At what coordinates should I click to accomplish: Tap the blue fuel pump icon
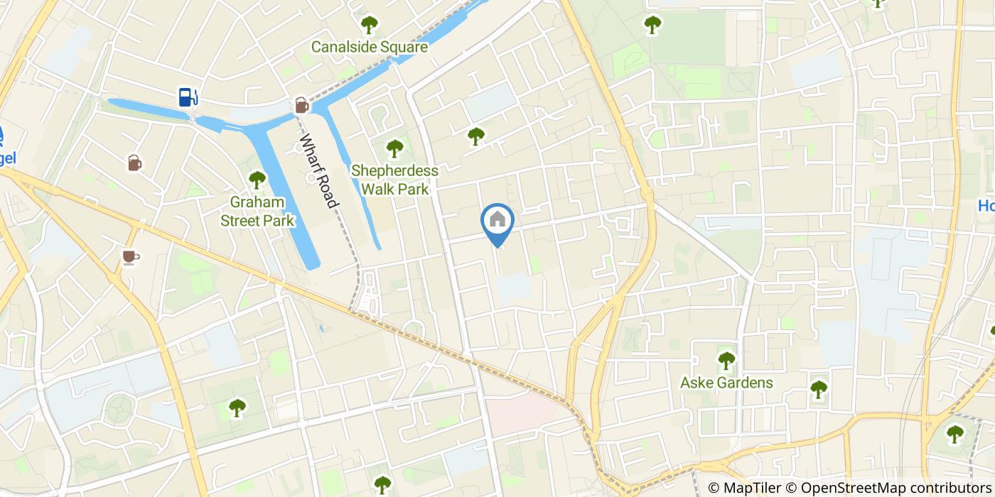(x=188, y=97)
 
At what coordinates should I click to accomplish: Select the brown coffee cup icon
(x=129, y=256)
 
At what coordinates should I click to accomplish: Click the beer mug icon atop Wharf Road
(x=301, y=106)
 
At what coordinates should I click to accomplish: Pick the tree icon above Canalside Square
(x=369, y=25)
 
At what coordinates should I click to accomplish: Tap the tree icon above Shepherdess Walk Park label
(x=394, y=148)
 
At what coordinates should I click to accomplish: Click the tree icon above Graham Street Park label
(x=257, y=180)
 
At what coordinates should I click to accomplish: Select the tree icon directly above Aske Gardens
(x=726, y=361)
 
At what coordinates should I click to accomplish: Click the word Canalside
(x=343, y=48)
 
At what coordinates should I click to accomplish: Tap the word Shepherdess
(x=394, y=171)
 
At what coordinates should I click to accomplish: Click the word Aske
(x=696, y=383)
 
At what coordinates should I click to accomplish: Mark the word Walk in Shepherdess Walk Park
(x=377, y=190)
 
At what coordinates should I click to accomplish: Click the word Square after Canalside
(x=404, y=48)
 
